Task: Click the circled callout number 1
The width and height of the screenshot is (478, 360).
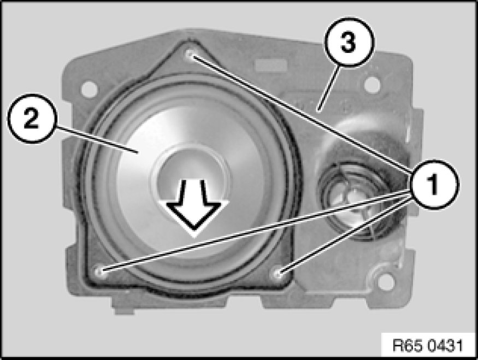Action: (x=434, y=184)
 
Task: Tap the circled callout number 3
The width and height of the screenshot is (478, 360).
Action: (x=349, y=42)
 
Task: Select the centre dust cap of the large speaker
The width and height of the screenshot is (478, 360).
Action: (x=191, y=180)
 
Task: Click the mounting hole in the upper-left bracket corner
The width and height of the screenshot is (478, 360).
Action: (x=89, y=88)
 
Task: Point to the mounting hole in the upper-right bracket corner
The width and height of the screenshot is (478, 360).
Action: (x=371, y=85)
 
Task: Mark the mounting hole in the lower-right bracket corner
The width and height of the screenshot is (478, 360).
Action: (x=386, y=280)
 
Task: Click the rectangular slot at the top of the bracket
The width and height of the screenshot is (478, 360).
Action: (x=271, y=65)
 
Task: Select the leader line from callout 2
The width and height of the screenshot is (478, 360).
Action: (x=97, y=140)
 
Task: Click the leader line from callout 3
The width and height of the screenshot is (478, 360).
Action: (x=329, y=88)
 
